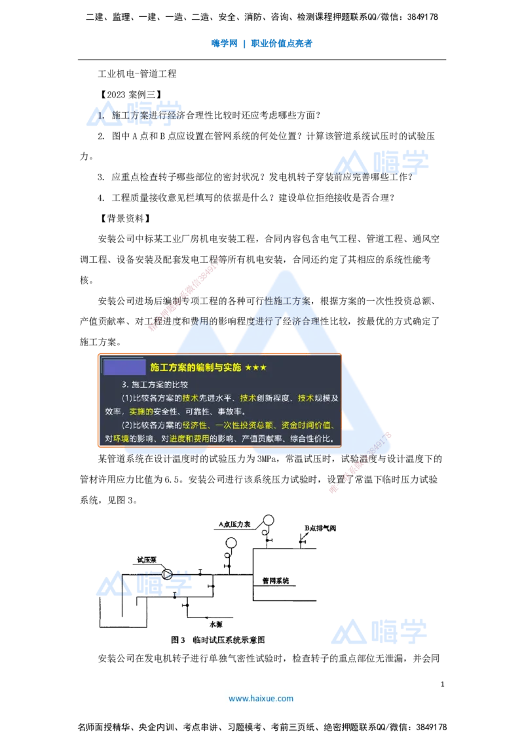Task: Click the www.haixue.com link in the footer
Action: tap(261, 698)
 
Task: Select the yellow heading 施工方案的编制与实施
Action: tap(195, 367)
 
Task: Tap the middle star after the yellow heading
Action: tap(255, 368)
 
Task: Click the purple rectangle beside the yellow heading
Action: tap(124, 367)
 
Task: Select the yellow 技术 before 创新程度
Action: tap(248, 398)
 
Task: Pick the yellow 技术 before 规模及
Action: tap(305, 398)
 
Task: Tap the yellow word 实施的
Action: tap(141, 412)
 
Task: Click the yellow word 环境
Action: tap(121, 439)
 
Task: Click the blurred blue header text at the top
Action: tap(262, 45)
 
